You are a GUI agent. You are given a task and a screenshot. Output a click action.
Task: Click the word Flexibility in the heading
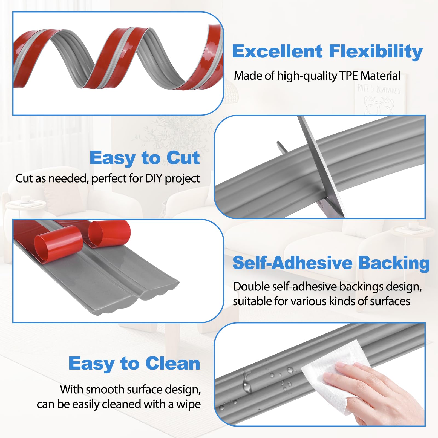(376, 51)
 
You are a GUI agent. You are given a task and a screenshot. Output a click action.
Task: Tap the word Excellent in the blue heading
(277, 51)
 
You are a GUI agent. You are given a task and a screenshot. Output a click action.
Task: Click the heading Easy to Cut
(145, 158)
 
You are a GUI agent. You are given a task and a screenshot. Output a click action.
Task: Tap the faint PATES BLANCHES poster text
(379, 89)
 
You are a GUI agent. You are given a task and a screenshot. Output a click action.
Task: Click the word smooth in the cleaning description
(105, 390)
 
